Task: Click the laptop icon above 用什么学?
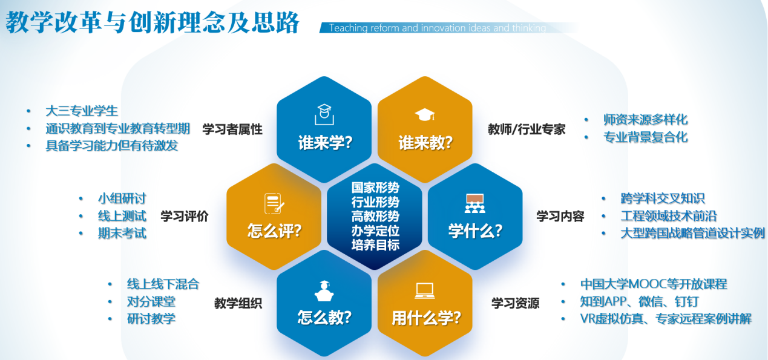click(x=425, y=291)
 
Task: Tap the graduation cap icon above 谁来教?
click(x=425, y=115)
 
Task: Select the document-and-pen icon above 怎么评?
click(x=274, y=204)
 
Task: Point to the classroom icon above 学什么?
click(x=475, y=203)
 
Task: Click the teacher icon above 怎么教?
click(x=324, y=291)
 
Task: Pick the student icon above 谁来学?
click(x=324, y=114)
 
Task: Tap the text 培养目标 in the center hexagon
click(x=375, y=245)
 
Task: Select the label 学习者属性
click(x=232, y=129)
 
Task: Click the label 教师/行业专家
click(x=527, y=129)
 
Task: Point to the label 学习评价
click(x=185, y=217)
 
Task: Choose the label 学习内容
click(x=560, y=217)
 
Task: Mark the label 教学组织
click(x=238, y=303)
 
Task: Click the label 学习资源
click(x=515, y=303)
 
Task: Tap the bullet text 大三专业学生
click(x=82, y=111)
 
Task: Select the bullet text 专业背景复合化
click(x=645, y=137)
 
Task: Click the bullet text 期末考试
click(x=122, y=234)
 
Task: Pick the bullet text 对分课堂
click(x=151, y=302)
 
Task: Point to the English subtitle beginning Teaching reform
click(x=438, y=28)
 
